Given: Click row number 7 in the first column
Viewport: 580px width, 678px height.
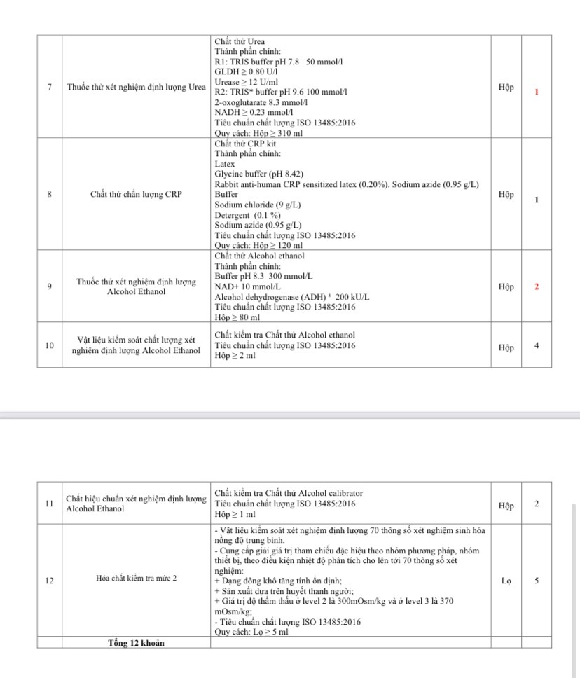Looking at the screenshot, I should [x=49, y=88].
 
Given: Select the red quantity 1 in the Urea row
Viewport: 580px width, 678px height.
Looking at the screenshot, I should [x=537, y=92].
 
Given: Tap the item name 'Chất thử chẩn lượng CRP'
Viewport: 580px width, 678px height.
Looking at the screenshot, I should [x=136, y=194].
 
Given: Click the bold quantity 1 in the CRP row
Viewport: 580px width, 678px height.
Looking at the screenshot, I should [x=537, y=200].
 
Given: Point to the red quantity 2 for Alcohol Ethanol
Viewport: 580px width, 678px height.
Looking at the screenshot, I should [x=537, y=287].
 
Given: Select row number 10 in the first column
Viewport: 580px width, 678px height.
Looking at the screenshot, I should [x=49, y=345].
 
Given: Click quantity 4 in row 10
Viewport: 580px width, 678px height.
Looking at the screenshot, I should [x=537, y=345].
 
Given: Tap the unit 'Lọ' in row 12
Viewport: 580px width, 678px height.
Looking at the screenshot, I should [x=506, y=581].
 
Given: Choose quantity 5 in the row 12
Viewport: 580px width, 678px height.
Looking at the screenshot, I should [x=537, y=581].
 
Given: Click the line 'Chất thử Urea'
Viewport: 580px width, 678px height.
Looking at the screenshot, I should [x=240, y=41].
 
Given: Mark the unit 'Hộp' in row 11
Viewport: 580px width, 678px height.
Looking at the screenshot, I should [x=506, y=506].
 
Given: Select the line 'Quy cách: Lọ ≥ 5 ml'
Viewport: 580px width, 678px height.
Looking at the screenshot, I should [x=251, y=632].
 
